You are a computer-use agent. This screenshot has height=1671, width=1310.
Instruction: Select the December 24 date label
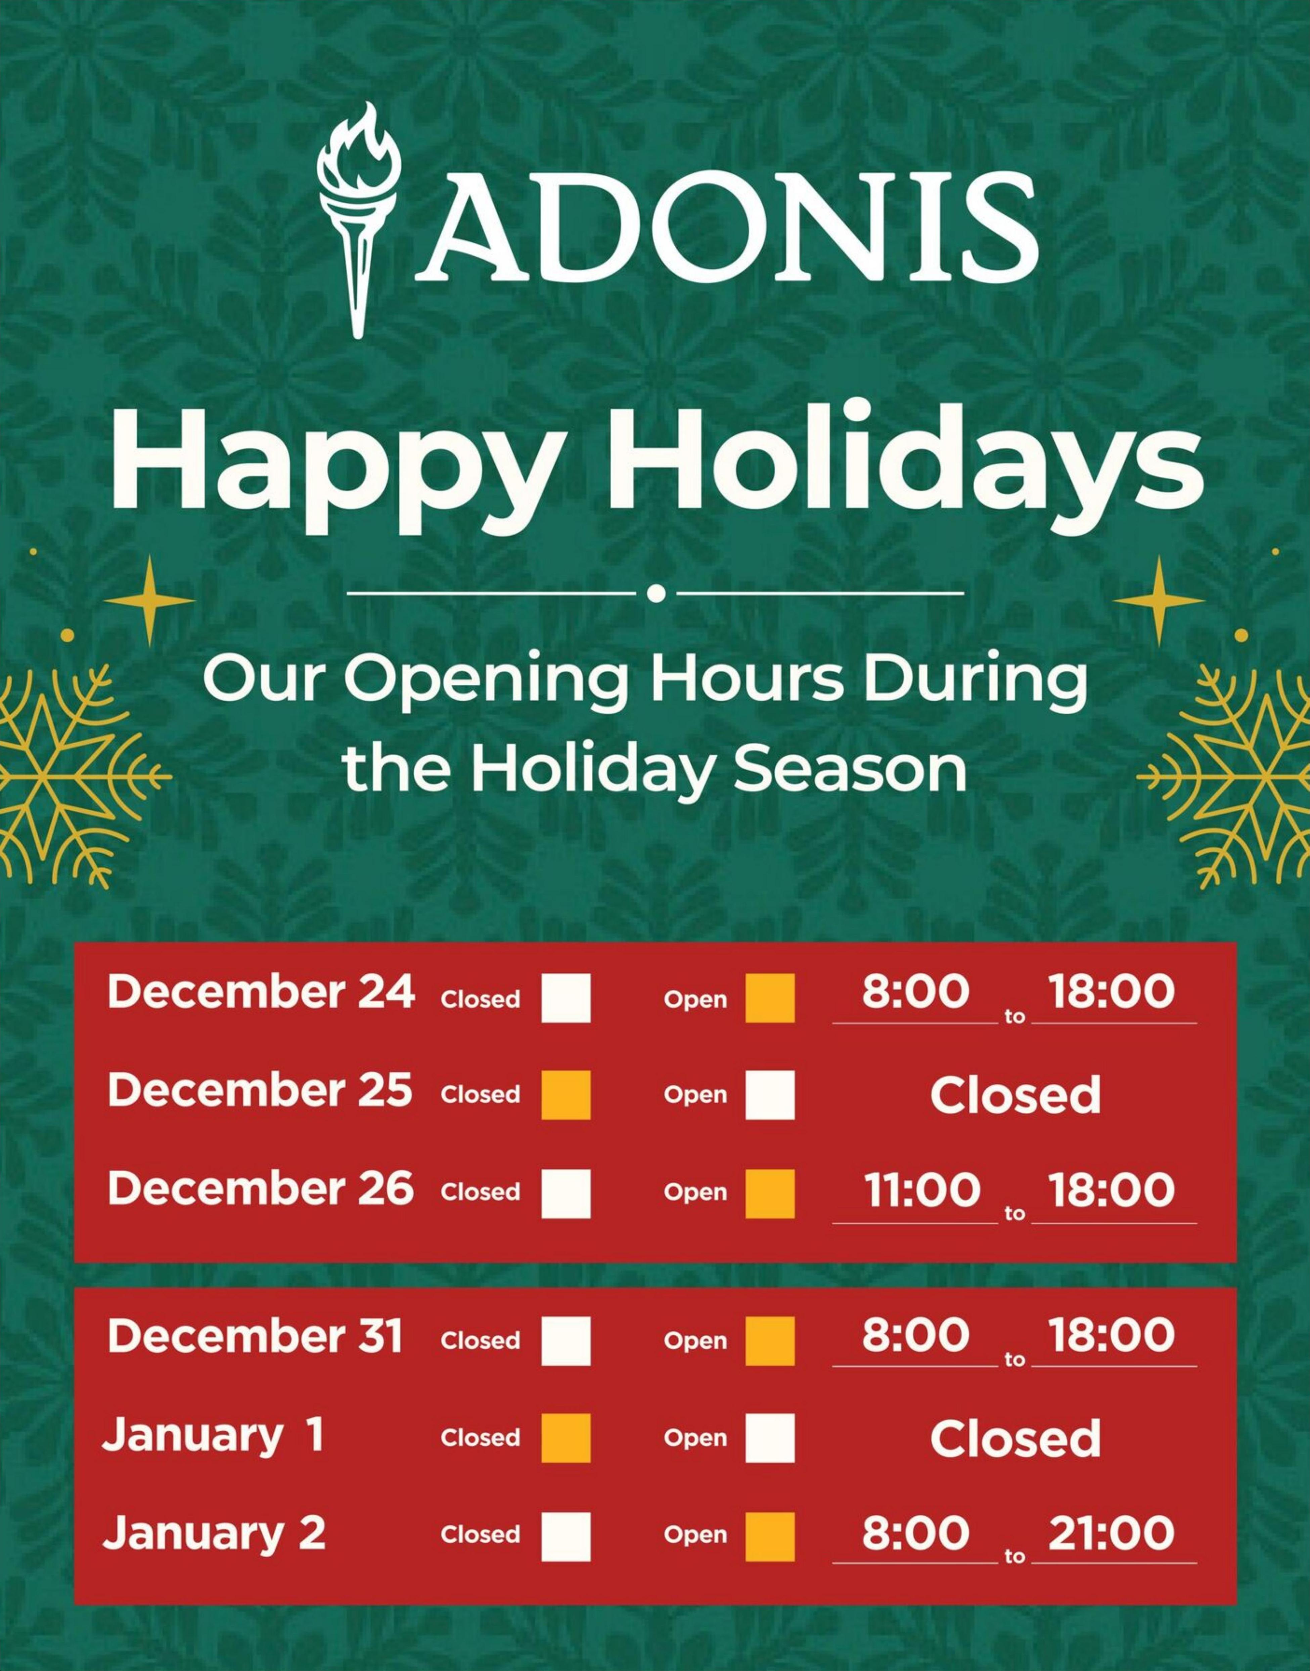click(261, 992)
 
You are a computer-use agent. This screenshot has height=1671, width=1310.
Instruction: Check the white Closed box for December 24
click(566, 998)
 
